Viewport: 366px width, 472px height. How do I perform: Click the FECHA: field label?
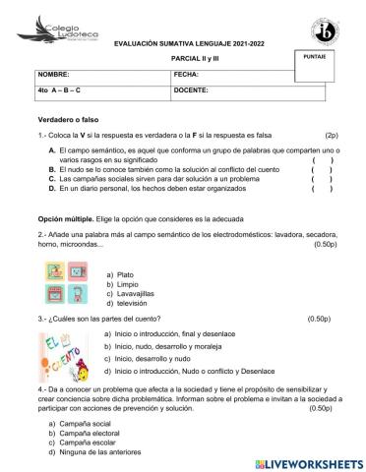[x=186, y=74]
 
